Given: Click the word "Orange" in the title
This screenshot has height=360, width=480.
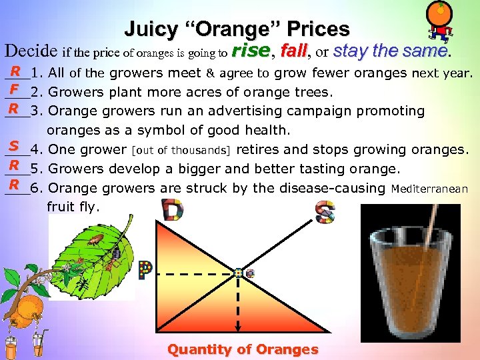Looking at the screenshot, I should click(236, 29).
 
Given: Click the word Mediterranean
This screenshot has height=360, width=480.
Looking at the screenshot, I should click(429, 189).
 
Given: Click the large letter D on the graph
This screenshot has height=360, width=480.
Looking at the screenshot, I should click(173, 211).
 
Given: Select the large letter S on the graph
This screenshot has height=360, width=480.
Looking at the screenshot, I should click(325, 212).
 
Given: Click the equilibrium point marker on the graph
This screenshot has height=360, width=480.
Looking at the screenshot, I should click(239, 273).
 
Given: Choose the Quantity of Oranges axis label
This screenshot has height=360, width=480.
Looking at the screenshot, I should click(243, 349).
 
